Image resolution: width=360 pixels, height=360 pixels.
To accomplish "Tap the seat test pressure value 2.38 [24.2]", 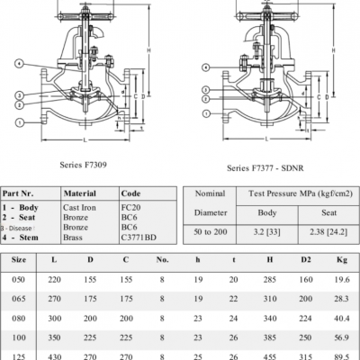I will (x=317, y=232).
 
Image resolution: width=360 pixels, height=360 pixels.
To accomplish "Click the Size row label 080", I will (x=19, y=318).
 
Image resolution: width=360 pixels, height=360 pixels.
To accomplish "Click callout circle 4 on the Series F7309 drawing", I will (x=19, y=63).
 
